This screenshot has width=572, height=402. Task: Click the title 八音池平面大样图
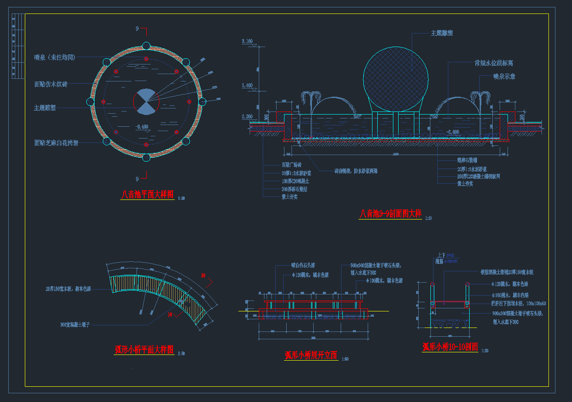click(x=147, y=195)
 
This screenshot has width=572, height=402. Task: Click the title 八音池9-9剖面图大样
click(x=390, y=214)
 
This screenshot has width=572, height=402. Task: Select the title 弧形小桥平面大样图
click(x=144, y=350)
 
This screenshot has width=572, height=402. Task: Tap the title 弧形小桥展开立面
click(x=311, y=355)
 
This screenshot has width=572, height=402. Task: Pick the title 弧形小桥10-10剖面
click(x=450, y=347)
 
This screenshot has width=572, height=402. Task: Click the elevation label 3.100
click(x=247, y=41)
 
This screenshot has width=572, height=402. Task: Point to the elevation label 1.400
click(x=247, y=86)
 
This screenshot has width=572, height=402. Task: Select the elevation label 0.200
click(x=247, y=117)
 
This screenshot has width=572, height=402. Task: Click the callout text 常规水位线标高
click(x=494, y=63)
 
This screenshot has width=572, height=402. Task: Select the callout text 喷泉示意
click(x=504, y=76)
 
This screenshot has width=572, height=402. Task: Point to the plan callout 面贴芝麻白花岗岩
click(x=56, y=143)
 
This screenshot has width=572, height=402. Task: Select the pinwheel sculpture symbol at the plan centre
click(x=146, y=102)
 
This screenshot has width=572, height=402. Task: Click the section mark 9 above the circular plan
click(x=137, y=29)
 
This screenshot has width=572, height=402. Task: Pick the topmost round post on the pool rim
click(x=146, y=46)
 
